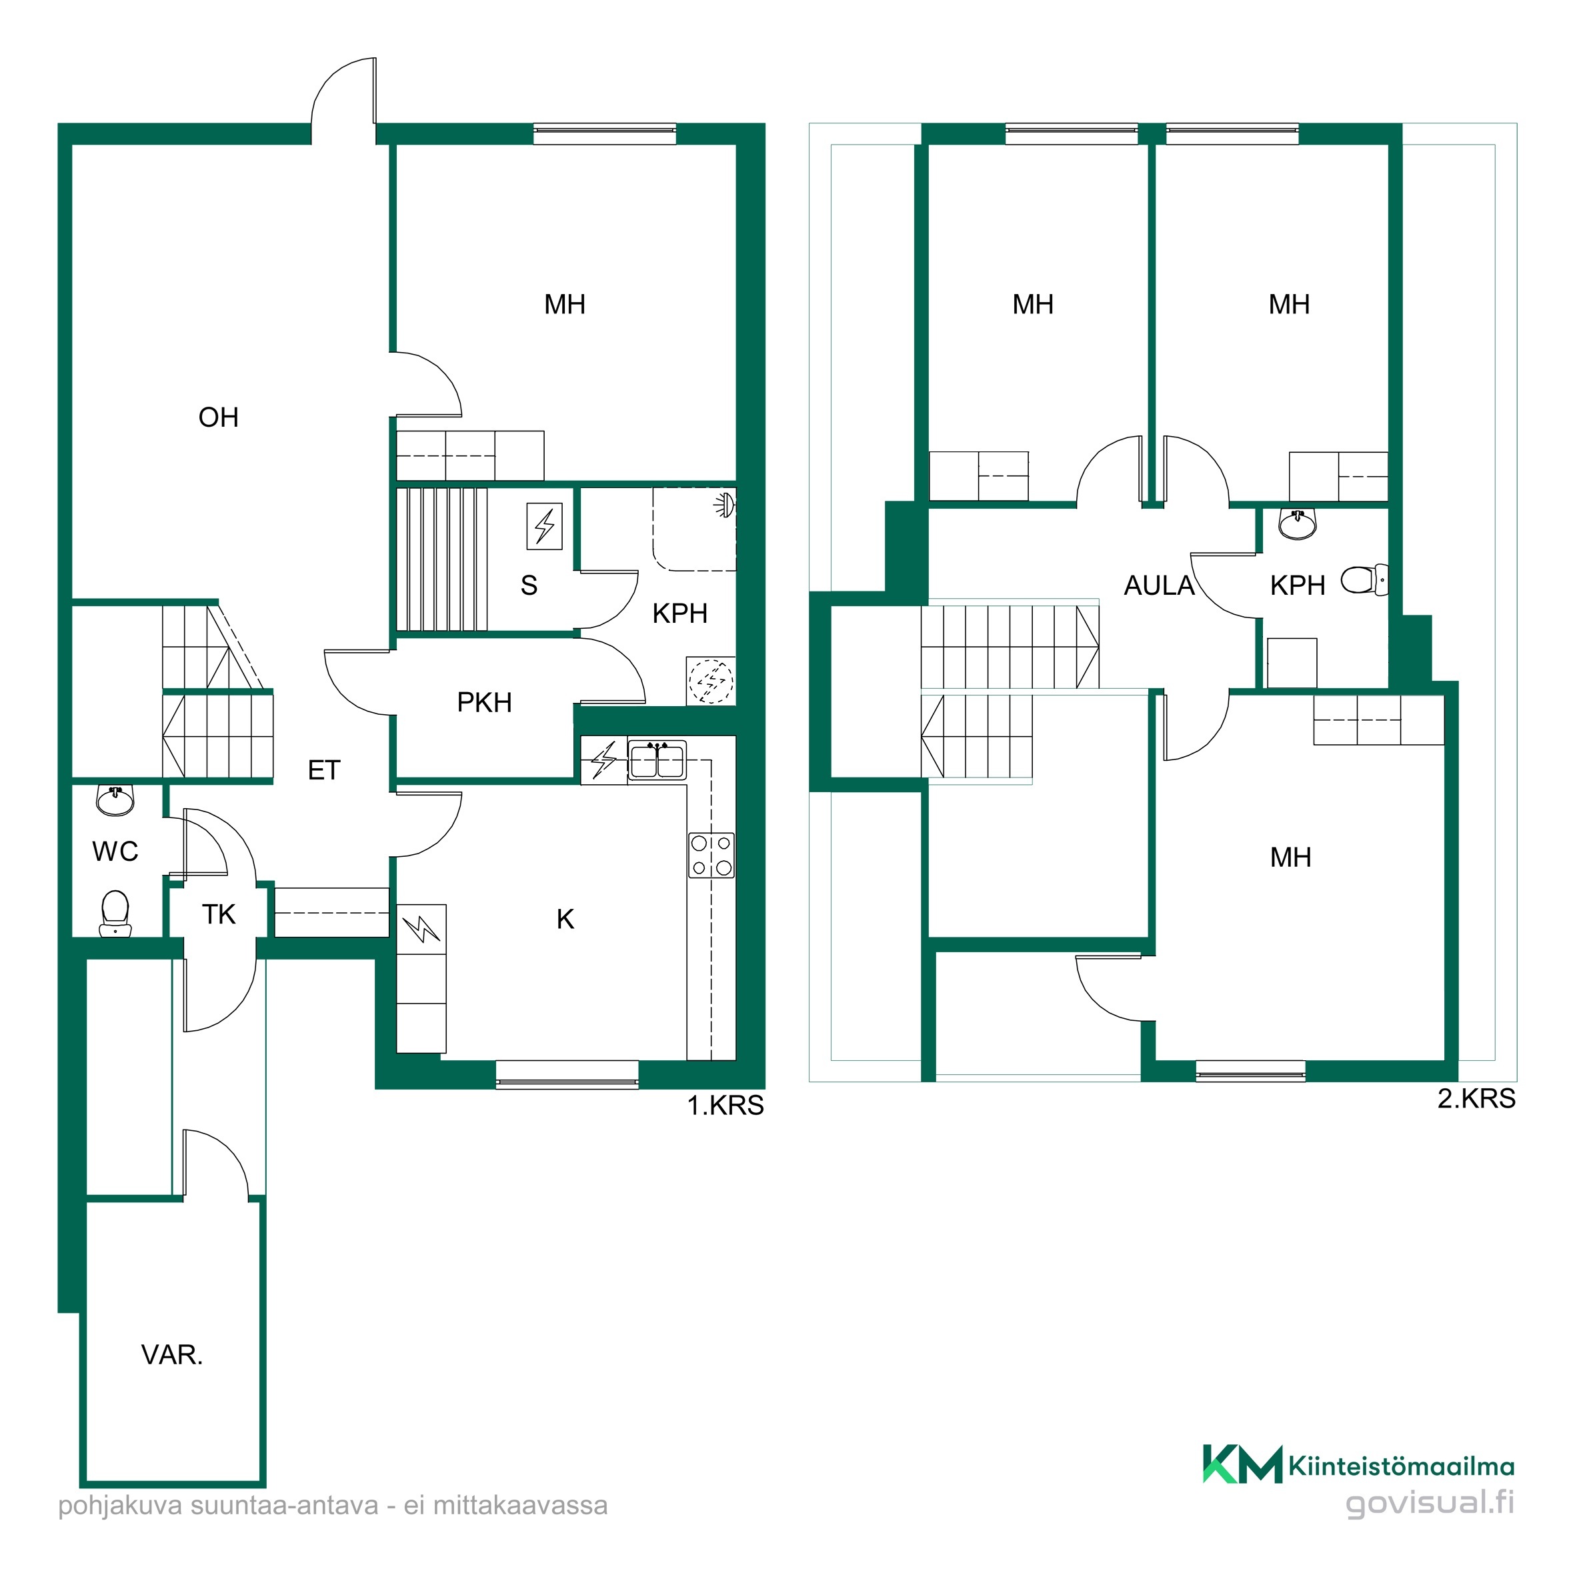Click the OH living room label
[x=218, y=417]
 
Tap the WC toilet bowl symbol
[x=115, y=913]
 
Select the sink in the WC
[x=115, y=800]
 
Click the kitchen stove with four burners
[x=711, y=855]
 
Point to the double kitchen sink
[x=657, y=760]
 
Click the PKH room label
[x=484, y=703]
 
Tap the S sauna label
[x=529, y=585]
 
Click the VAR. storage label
[x=171, y=1355]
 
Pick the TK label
[x=218, y=915]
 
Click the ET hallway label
[x=323, y=770]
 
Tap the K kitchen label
[x=565, y=920]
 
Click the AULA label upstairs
[x=1158, y=586]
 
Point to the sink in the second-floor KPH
[x=1297, y=523]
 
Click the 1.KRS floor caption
[x=725, y=1106]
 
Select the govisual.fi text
[x=1430, y=1525]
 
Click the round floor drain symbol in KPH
[x=711, y=681]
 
